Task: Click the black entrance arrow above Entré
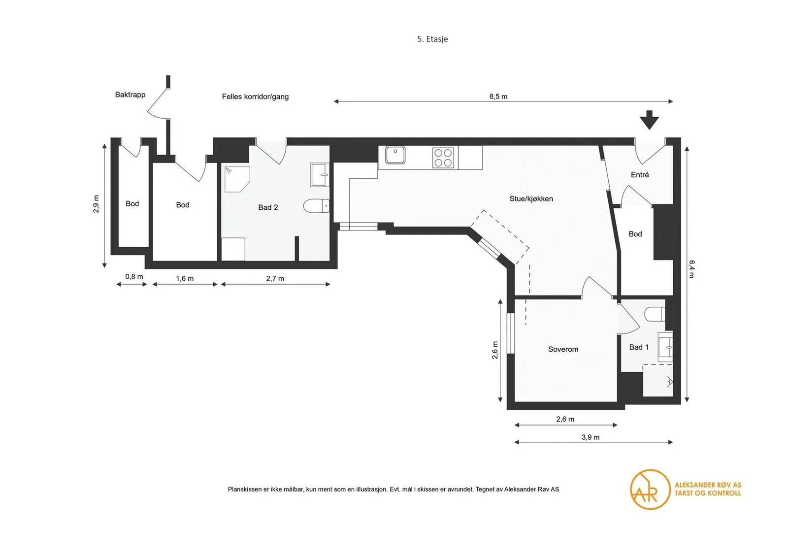click(x=649, y=120)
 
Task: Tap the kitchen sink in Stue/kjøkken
click(x=395, y=155)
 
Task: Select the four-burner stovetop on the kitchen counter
click(x=443, y=158)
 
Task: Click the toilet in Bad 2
click(x=317, y=206)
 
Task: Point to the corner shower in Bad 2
click(x=236, y=179)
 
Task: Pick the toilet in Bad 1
click(x=655, y=314)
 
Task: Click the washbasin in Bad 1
click(x=665, y=347)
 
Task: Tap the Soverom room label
click(x=563, y=349)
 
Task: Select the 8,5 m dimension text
click(x=498, y=97)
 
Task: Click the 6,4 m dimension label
click(x=691, y=269)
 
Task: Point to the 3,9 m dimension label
click(x=591, y=437)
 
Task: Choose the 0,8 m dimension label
click(x=134, y=277)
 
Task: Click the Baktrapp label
click(x=130, y=95)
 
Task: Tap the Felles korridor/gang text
click(x=255, y=97)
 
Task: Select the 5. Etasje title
click(x=432, y=39)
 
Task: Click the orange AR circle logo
click(x=650, y=490)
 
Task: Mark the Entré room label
click(x=640, y=175)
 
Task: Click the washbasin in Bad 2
click(x=320, y=174)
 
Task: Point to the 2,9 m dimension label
click(x=96, y=204)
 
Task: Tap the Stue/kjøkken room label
click(x=531, y=199)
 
